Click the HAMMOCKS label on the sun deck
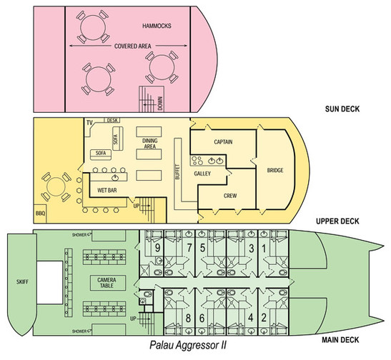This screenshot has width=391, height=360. point(157,26)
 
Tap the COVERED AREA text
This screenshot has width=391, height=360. point(133,46)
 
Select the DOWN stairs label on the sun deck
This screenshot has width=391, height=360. point(160,104)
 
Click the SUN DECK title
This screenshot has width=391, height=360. point(342,109)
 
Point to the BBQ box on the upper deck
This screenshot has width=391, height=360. point(40,214)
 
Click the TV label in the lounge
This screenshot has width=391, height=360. point(89,123)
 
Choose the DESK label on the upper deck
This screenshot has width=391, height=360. point(112,120)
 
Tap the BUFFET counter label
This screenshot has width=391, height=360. point(177,171)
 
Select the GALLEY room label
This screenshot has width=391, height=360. point(202,174)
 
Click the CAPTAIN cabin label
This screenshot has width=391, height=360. point(223,142)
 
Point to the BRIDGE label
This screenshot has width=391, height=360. point(275,171)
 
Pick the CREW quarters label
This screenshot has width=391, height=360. point(230,196)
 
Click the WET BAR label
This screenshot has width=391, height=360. point(107,190)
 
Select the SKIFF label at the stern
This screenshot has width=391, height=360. point(22,281)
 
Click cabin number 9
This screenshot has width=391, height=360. point(157,248)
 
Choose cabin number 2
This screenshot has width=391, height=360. point(264,318)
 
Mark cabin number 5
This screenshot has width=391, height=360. point(202,248)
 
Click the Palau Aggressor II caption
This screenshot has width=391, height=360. point(188,346)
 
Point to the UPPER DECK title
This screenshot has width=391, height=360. point(337,221)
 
